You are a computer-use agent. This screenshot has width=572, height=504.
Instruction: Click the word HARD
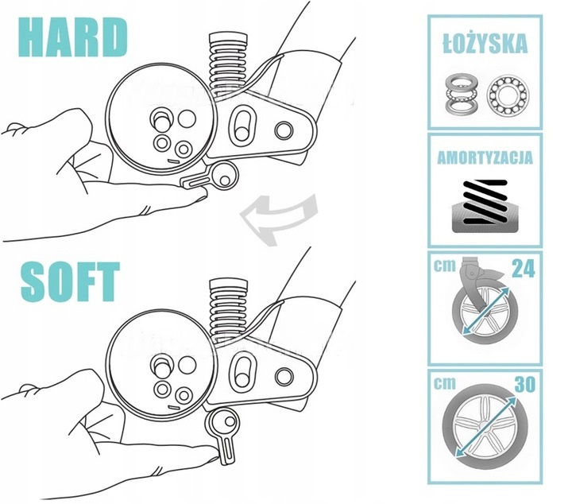[73, 37]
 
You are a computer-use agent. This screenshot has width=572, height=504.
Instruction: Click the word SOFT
[71, 281]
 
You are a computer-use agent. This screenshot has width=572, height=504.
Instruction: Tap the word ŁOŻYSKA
[485, 43]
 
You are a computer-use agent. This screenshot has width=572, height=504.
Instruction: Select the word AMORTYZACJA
[485, 157]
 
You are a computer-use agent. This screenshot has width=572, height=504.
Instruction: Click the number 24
[524, 269]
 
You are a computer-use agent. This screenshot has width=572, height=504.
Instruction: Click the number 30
[524, 384]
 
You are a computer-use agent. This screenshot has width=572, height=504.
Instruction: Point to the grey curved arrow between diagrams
[279, 219]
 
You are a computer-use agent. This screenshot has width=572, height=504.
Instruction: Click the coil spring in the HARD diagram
[228, 65]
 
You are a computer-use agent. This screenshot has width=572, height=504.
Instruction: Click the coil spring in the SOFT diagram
[228, 310]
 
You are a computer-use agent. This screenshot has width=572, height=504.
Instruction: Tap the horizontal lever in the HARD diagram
[210, 177]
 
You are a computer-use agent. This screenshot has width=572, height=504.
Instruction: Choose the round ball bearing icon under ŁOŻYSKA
[508, 94]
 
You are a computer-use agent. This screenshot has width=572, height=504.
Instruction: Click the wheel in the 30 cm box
[479, 425]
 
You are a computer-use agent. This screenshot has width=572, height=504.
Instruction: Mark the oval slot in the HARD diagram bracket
[241, 124]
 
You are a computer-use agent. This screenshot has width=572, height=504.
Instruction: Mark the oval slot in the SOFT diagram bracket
[242, 370]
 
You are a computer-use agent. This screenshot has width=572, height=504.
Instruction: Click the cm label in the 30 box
[445, 384]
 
